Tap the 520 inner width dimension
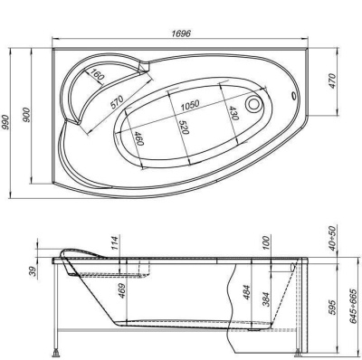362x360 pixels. [x=186, y=126]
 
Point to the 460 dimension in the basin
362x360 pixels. [x=138, y=139]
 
